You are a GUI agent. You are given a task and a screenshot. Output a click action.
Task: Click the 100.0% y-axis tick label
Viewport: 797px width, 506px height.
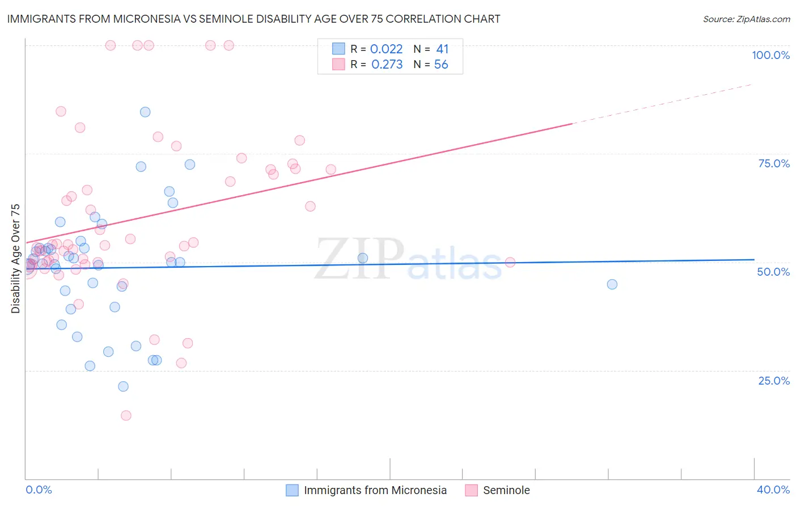pyautogui.click(x=770, y=55)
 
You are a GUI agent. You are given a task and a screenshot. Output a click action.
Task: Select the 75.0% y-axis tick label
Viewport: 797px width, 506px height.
pyautogui.click(x=774, y=163)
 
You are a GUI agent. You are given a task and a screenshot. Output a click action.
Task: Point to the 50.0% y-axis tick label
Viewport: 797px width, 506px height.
pyautogui.click(x=773, y=272)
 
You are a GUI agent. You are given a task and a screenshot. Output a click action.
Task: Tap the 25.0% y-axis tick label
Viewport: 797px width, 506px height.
pyautogui.click(x=774, y=381)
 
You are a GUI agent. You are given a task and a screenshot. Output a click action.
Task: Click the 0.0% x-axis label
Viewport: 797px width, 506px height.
pyautogui.click(x=39, y=490)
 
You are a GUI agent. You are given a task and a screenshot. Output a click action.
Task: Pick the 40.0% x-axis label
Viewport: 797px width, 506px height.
pyautogui.click(x=773, y=490)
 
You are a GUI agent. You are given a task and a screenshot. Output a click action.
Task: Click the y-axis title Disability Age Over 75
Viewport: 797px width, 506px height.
pyautogui.click(x=15, y=258)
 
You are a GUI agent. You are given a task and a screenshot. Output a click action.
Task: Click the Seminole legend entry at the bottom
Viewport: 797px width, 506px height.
pyautogui.click(x=506, y=490)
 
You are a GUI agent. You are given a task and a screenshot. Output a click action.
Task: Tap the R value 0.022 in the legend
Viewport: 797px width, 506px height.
pyautogui.click(x=386, y=49)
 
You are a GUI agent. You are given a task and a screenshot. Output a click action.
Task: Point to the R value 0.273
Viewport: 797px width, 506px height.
pyautogui.click(x=387, y=65)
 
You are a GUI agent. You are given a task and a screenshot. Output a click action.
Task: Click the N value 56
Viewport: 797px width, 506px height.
pyautogui.click(x=441, y=65)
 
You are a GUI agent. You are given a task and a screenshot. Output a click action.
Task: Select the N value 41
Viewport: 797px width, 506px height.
pyautogui.click(x=442, y=49)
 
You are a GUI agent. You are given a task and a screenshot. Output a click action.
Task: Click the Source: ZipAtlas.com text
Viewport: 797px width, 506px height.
pyautogui.click(x=746, y=19)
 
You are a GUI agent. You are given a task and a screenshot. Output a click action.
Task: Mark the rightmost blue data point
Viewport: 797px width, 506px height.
pyautogui.click(x=612, y=284)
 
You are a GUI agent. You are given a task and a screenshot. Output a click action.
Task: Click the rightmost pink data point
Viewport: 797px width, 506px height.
pyautogui.click(x=510, y=262)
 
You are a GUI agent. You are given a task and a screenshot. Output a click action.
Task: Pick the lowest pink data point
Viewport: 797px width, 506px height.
pyautogui.click(x=126, y=415)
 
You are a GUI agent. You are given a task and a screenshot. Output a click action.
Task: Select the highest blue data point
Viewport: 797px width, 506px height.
pyautogui.click(x=145, y=112)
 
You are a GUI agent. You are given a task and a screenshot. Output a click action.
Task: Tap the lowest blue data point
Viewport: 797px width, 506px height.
pyautogui.click(x=123, y=386)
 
